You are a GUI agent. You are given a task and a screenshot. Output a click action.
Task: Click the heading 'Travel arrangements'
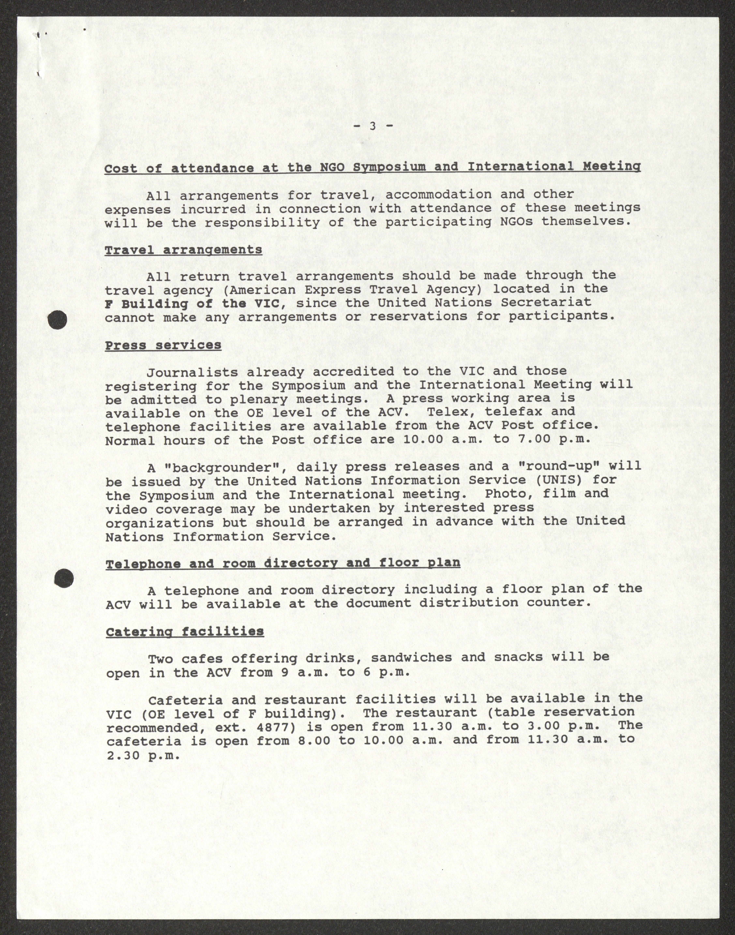183,250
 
